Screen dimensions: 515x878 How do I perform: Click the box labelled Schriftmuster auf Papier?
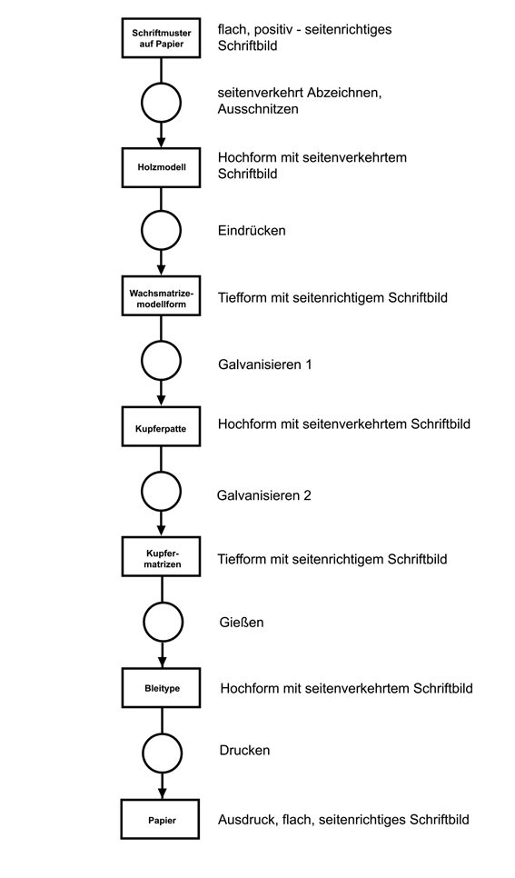tap(161, 37)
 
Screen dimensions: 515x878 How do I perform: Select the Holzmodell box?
tap(161, 167)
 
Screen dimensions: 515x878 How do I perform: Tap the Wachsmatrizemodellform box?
tap(161, 295)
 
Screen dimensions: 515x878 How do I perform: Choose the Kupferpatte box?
tap(161, 426)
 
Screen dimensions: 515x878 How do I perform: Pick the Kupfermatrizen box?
tap(161, 556)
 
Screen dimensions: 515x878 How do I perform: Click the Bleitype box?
tap(162, 688)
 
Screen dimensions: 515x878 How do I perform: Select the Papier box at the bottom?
tap(160, 819)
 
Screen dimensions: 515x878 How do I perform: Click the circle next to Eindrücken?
tap(161, 230)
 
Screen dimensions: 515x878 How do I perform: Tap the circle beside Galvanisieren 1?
tap(161, 361)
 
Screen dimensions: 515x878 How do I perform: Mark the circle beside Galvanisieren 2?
tap(161, 491)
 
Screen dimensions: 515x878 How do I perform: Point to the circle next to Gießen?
tap(163, 622)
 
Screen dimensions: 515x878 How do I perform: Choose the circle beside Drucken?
tap(163, 752)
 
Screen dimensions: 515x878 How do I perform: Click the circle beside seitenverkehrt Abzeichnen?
tap(161, 103)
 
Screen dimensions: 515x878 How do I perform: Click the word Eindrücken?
tap(252, 231)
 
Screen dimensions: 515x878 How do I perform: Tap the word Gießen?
tap(242, 622)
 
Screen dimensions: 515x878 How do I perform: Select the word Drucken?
tap(244, 751)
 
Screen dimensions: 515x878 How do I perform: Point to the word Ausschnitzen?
tap(258, 109)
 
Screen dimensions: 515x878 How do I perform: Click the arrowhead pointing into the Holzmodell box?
tap(161, 142)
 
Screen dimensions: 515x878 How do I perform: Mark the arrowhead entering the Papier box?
tap(163, 793)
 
